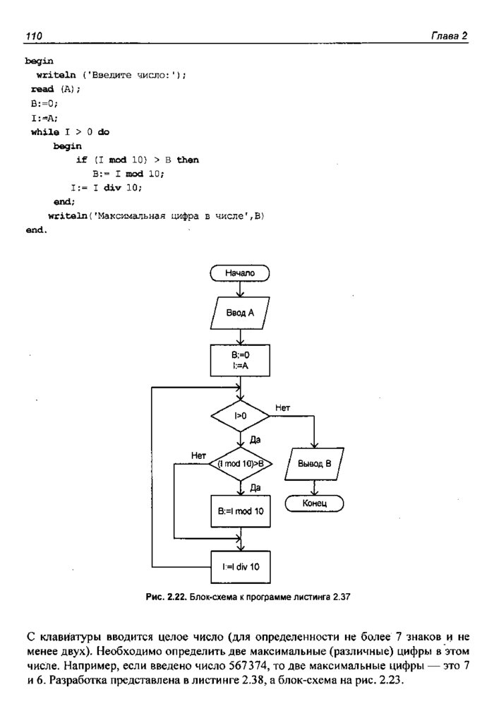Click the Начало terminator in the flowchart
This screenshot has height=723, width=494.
tap(240, 272)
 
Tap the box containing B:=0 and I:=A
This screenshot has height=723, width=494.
tap(240, 361)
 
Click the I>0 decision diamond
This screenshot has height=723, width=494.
tap(240, 417)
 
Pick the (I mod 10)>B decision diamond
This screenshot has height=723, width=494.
tap(240, 463)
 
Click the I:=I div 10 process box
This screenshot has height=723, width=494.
tap(240, 566)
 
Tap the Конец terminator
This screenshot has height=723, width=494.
tap(314, 503)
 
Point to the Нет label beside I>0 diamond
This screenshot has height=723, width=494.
tap(282, 408)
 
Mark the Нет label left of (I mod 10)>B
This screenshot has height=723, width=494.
tap(198, 455)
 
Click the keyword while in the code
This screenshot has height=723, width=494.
tap(45, 132)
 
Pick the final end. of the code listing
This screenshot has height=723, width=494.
tap(35, 230)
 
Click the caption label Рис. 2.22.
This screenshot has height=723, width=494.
tap(164, 597)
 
